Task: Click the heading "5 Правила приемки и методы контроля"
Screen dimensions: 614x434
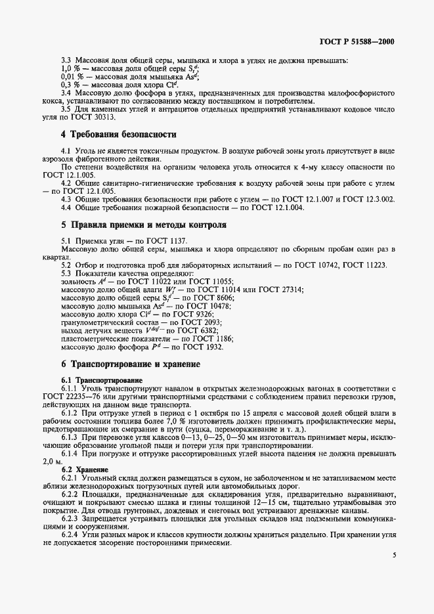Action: tap(144, 225)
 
